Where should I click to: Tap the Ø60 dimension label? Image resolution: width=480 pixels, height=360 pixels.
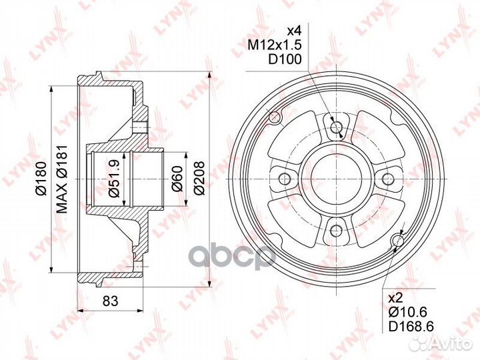tap(177, 179)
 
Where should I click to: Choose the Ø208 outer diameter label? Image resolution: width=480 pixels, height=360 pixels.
tap(198, 179)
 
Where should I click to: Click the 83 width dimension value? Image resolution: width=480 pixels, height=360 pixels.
tap(111, 301)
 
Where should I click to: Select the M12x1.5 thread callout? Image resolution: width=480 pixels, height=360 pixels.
tap(275, 45)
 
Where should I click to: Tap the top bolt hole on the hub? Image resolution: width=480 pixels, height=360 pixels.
tap(337, 127)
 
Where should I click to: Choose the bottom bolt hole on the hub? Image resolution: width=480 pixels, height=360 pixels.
tap(337, 231)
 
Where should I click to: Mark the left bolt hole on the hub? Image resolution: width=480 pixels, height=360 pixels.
tap(285, 179)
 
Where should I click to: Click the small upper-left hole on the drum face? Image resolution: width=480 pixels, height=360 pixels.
tap(273, 119)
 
